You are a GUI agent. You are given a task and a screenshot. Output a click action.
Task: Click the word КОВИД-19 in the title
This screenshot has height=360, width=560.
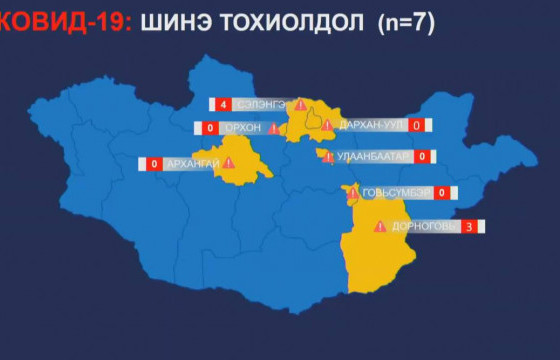[62, 23]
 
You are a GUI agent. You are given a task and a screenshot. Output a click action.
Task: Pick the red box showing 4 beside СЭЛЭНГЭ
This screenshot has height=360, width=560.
[219, 104]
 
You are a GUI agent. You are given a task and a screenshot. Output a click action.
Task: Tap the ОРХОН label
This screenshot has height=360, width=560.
[243, 128]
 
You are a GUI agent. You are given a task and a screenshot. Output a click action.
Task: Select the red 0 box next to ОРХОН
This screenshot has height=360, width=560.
[210, 128]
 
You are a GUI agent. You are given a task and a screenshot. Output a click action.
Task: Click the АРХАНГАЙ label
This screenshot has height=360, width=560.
[191, 164]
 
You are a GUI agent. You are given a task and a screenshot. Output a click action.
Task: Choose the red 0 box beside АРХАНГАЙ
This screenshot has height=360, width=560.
[155, 164]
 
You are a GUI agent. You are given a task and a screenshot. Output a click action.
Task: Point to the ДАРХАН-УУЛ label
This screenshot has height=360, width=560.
[371, 125]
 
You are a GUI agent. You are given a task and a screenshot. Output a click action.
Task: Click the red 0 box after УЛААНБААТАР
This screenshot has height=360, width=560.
[422, 156]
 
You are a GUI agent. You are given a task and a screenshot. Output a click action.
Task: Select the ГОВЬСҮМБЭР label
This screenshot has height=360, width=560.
[396, 192]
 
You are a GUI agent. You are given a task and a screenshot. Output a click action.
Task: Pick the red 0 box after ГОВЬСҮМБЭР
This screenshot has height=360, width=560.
[441, 192]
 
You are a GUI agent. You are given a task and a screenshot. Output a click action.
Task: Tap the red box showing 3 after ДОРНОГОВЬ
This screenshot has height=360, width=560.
[469, 227]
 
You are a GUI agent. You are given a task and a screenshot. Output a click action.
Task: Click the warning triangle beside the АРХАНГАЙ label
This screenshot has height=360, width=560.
[229, 163]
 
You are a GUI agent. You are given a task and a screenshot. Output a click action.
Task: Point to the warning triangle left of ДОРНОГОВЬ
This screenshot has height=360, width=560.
[379, 227]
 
